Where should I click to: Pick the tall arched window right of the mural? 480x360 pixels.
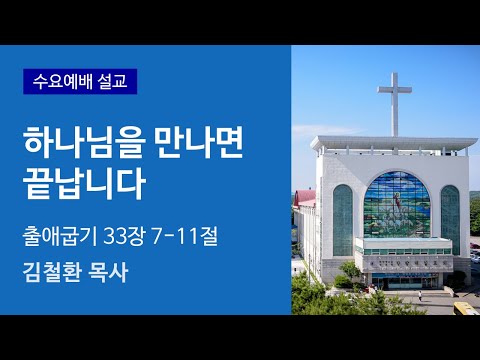[x=450, y=218]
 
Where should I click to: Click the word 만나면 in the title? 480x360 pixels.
[x=183, y=144]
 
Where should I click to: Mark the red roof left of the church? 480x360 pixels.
[x=305, y=198]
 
